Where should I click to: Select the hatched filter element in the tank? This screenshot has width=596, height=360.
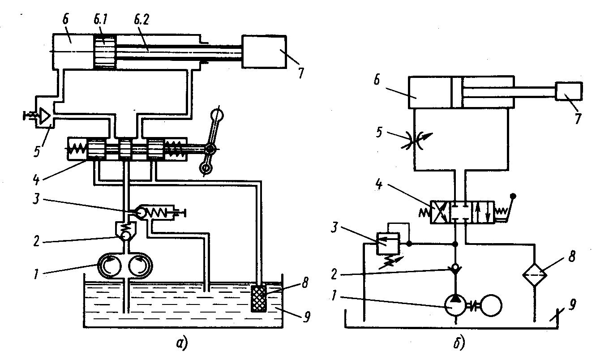(x=259, y=297)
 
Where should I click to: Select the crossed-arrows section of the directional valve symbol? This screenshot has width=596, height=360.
(x=440, y=212)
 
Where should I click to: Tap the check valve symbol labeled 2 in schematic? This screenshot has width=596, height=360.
(x=456, y=270)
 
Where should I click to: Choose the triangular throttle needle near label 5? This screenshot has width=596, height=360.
(x=44, y=116)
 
